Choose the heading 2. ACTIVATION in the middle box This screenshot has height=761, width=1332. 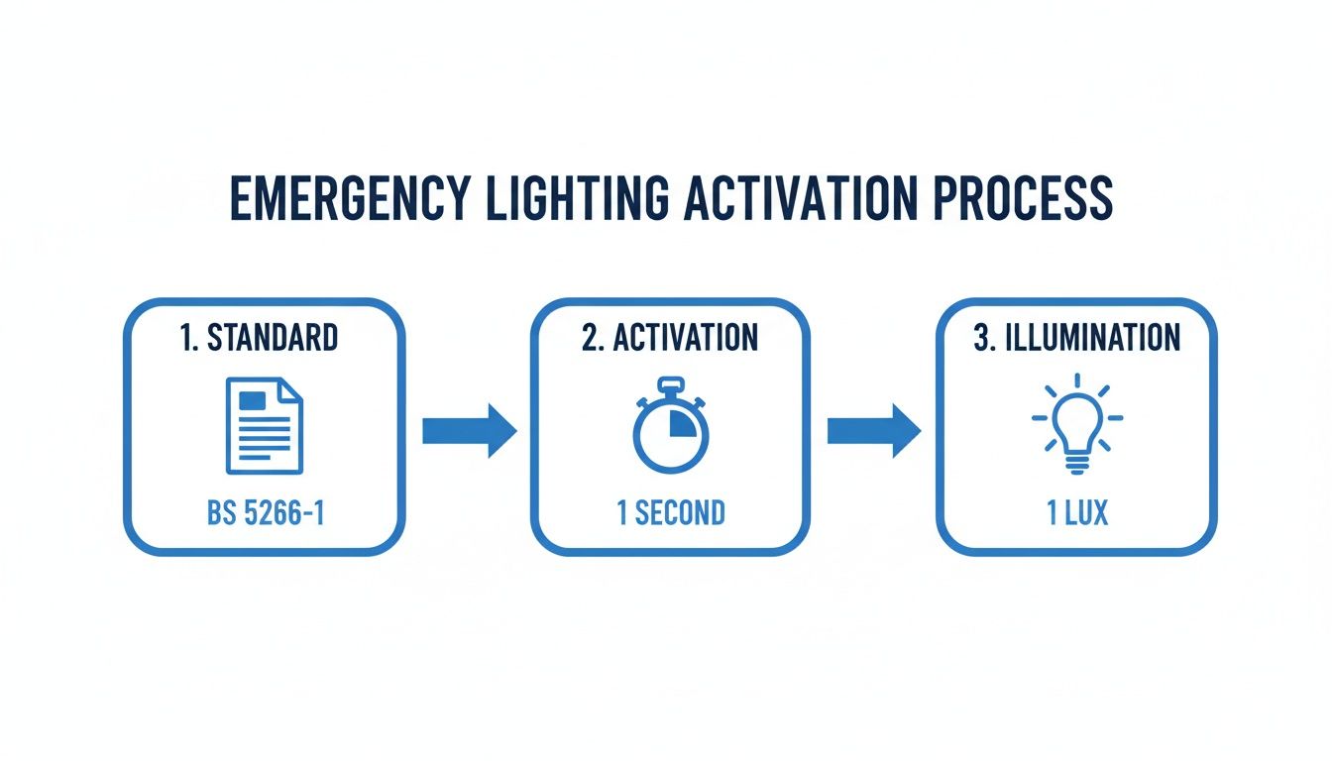click(670, 338)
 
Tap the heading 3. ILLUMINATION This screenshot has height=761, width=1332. click(1076, 338)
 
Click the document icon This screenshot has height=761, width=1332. click(265, 425)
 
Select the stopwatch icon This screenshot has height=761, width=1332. click(670, 427)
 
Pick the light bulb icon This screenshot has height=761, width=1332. click(1077, 425)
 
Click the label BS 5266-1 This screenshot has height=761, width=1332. click(264, 513)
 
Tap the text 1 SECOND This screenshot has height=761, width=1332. click(670, 513)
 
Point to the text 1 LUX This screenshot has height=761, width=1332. click(1077, 513)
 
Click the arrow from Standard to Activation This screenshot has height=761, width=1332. click(469, 431)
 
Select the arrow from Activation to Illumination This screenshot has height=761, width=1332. click(874, 431)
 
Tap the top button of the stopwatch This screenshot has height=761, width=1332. click(670, 383)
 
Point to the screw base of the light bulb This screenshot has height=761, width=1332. click(1077, 464)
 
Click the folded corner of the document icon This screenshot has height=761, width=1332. click(291, 389)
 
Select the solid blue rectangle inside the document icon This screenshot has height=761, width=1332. click(254, 400)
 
